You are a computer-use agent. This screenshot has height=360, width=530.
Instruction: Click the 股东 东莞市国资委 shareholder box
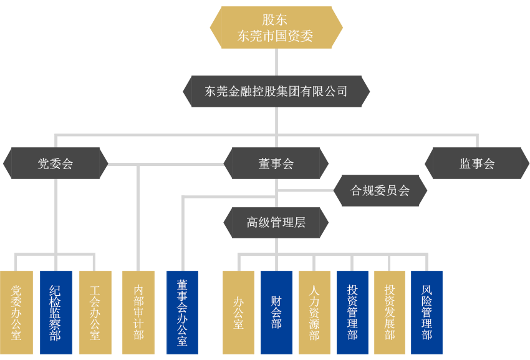(x=276, y=27)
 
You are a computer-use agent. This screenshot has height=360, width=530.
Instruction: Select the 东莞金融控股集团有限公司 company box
(x=276, y=91)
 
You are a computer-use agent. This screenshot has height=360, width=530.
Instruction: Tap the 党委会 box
(x=55, y=163)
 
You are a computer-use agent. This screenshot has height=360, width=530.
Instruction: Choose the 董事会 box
(x=276, y=163)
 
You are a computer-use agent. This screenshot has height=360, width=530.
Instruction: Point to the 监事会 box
(x=477, y=163)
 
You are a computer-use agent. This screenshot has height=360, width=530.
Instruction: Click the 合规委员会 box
(x=380, y=190)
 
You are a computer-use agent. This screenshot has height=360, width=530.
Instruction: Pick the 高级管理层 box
(x=276, y=222)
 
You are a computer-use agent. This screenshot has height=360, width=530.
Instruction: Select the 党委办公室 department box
(x=16, y=312)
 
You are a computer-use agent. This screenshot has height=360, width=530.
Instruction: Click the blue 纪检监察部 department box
(x=55, y=312)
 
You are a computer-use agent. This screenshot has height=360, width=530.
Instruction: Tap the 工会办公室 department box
(x=95, y=312)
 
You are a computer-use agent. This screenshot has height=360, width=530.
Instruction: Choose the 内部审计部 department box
(x=138, y=312)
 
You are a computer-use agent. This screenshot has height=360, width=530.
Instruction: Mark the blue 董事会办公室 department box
(x=182, y=312)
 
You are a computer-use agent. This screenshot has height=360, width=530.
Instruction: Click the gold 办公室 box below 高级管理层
(x=238, y=312)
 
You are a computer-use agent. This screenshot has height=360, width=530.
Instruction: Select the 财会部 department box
(x=276, y=312)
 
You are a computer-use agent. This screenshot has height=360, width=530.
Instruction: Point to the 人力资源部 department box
(x=314, y=312)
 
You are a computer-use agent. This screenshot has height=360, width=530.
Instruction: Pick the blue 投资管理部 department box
(x=352, y=312)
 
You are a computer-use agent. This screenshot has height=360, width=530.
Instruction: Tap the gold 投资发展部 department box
(x=390, y=312)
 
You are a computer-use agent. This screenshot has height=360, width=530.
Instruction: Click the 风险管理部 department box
(x=426, y=312)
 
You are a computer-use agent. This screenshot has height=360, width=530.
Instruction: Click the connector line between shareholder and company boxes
(x=276, y=62)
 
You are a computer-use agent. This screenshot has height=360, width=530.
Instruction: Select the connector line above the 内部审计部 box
(x=138, y=262)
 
